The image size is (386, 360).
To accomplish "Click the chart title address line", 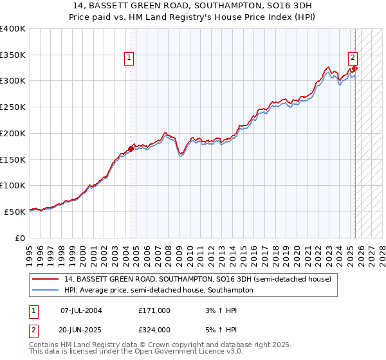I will [x=193, y=5].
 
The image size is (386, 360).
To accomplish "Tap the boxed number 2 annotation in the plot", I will [x=353, y=57].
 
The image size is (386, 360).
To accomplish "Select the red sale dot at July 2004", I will [x=131, y=148].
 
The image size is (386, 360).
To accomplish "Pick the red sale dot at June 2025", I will [x=355, y=68].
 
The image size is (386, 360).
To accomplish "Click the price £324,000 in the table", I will [x=154, y=330].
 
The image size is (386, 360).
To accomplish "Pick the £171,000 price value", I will [x=154, y=310].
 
